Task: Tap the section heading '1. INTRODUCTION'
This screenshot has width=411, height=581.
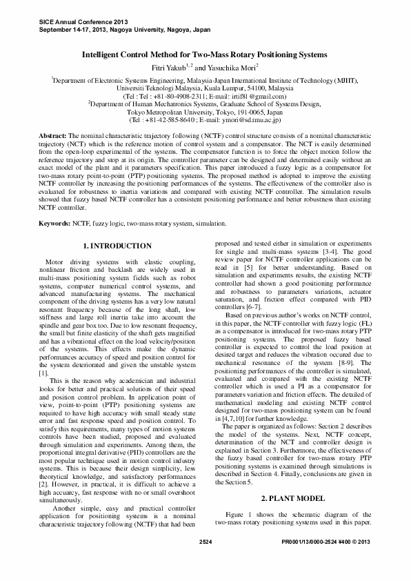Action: (117, 246)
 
